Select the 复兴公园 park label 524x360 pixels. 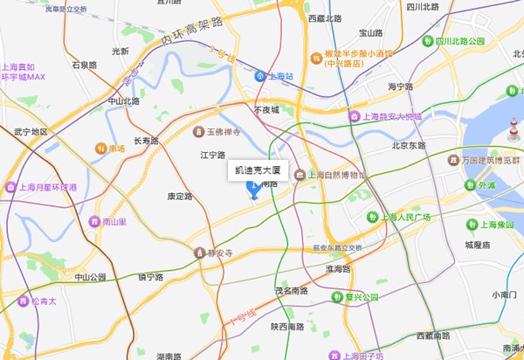(360, 297)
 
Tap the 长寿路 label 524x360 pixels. (146, 141)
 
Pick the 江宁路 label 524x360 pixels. (213, 155)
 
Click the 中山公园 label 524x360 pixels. (90, 277)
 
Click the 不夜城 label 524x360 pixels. (266, 110)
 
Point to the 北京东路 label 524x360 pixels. (409, 146)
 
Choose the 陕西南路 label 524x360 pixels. (286, 326)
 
